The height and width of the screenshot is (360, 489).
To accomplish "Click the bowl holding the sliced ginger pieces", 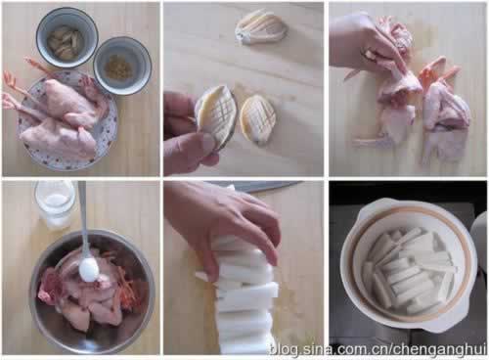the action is (x=67, y=37).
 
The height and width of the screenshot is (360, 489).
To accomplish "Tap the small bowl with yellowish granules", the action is (x=122, y=66).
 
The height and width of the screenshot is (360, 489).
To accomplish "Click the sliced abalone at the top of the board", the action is (x=262, y=27).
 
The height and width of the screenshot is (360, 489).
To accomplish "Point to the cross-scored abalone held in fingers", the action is (x=214, y=116).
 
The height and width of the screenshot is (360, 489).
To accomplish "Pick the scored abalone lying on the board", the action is (x=258, y=119).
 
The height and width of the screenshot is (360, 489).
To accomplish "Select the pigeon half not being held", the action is (x=445, y=111).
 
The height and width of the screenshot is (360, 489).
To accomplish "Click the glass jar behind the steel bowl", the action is (x=55, y=203).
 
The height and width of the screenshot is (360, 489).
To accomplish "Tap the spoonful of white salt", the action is (x=89, y=270).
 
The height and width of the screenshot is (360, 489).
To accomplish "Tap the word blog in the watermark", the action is (x=284, y=349).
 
